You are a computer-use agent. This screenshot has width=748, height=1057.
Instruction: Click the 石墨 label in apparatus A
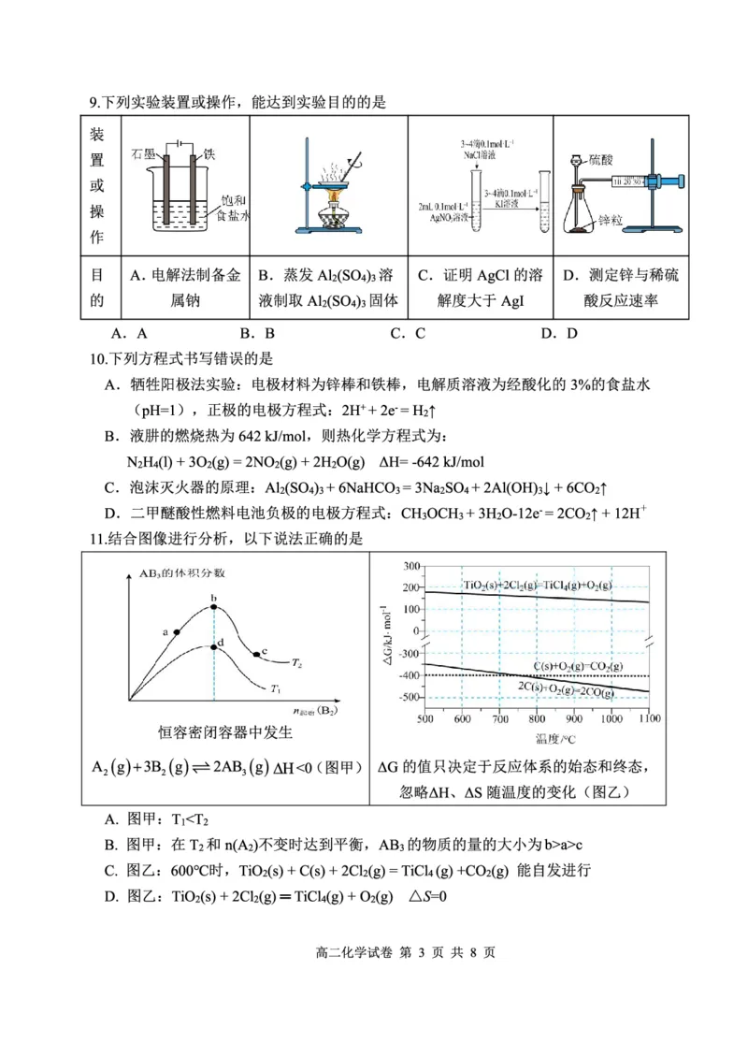pyautogui.click(x=142, y=152)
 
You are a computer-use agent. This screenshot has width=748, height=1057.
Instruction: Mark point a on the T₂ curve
pyautogui.click(x=176, y=632)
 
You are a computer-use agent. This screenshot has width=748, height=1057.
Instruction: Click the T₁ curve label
pyautogui.click(x=276, y=689)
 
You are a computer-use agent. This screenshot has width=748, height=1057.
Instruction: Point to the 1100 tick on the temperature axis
pyautogui.click(x=648, y=718)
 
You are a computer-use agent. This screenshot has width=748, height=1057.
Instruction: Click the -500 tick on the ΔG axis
pyautogui.click(x=408, y=697)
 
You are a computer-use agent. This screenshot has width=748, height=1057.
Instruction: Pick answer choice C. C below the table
pyautogui.click(x=408, y=332)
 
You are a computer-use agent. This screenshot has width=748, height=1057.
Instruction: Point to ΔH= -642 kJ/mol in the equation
pyautogui.click(x=427, y=462)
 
